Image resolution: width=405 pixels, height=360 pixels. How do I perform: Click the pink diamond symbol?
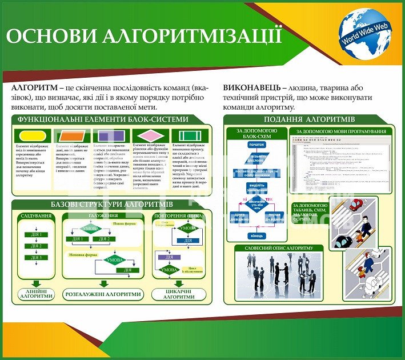pos(150,136)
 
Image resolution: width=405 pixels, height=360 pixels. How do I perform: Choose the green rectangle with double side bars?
pos(190,136)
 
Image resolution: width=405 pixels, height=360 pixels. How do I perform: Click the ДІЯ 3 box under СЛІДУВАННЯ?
pos(36,258)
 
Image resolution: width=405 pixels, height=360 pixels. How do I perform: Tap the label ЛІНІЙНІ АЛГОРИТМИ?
pos(37,294)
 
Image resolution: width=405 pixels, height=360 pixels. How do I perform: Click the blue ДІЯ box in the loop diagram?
pos(188,241)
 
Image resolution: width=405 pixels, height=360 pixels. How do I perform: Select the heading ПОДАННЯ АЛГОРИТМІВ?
pos(309,119)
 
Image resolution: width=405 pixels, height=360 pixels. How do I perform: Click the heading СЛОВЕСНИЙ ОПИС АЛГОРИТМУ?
pos(279,248)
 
